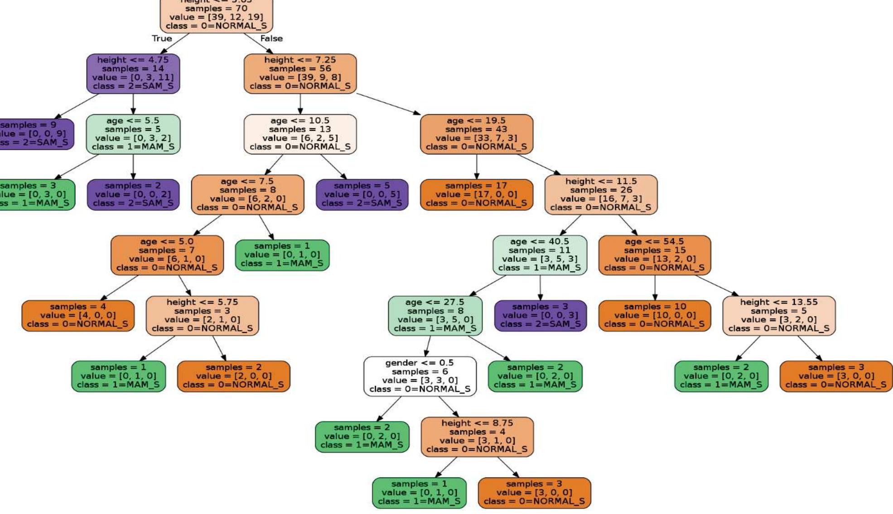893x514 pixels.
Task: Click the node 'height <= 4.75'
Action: click(133, 73)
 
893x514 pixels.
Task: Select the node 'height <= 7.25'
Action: click(300, 73)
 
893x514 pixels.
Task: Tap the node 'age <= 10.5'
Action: click(300, 134)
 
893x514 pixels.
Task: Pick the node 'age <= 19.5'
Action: click(476, 134)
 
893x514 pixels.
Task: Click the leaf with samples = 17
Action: click(476, 195)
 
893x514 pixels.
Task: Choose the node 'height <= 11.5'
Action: click(601, 195)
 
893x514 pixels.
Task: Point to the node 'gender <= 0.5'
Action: click(420, 376)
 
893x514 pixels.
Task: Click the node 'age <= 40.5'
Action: click(540, 255)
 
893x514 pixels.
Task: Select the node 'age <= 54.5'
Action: click(654, 255)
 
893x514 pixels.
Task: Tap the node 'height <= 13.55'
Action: click(778, 316)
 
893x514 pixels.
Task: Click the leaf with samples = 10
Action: click(654, 316)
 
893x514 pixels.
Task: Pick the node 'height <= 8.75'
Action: click(477, 437)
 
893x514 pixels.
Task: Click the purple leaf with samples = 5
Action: click(362, 195)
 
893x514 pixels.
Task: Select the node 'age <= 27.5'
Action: click(435, 316)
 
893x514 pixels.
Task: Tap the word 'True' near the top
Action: click(162, 38)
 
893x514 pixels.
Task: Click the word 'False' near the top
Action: click(271, 38)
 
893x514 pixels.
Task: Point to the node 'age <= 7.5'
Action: click(247, 195)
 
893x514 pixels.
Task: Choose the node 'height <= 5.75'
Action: click(202, 316)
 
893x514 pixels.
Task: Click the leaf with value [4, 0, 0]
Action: click(77, 316)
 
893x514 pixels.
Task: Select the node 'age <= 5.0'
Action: click(167, 255)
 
